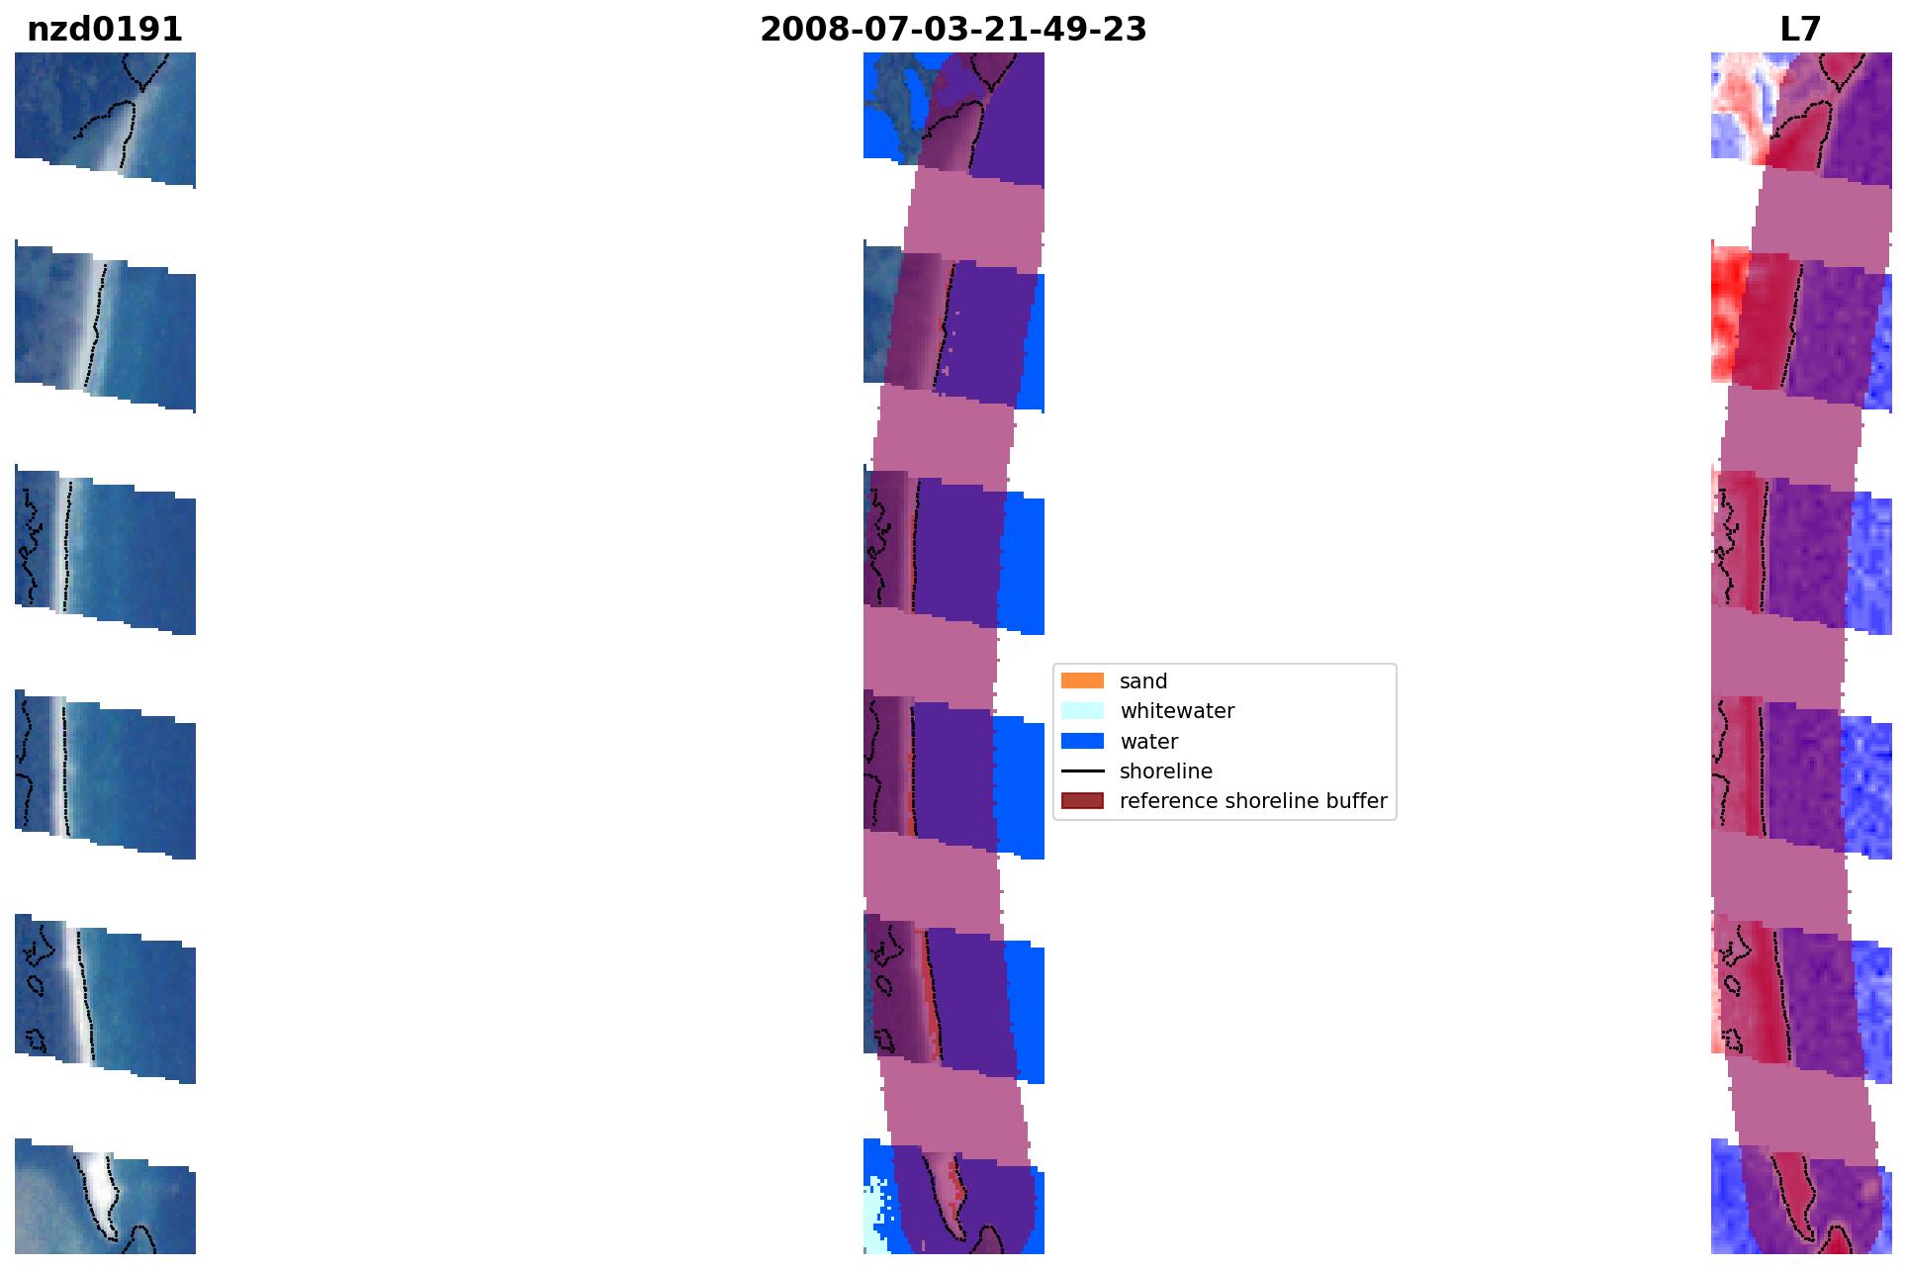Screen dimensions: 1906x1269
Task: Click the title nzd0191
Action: pyautogui.click(x=105, y=30)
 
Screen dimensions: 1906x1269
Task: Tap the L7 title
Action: pyautogui.click(x=1800, y=30)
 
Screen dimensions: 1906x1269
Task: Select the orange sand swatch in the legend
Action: pyautogui.click(x=1082, y=680)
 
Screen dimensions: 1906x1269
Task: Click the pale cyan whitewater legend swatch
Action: pyautogui.click(x=1082, y=710)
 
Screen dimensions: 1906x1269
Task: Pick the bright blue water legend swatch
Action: pyautogui.click(x=1082, y=741)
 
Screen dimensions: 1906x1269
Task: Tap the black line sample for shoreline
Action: pyautogui.click(x=1082, y=770)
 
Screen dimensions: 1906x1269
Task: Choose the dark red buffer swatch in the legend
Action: pyautogui.click(x=1082, y=800)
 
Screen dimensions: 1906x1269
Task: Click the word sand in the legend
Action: pyautogui.click(x=1143, y=681)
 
